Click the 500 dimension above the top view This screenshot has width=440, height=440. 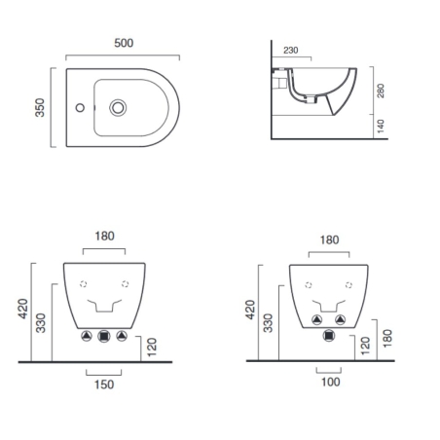coord(123,44)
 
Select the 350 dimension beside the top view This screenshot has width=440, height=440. coord(41,107)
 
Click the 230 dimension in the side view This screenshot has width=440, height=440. coord(291,50)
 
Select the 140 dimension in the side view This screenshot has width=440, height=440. coord(383,127)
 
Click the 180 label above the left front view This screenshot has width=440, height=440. coord(105,235)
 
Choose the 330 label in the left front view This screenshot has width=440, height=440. coord(41,323)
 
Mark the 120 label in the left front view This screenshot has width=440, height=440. coord(151,348)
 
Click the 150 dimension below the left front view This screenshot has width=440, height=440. coord(104,384)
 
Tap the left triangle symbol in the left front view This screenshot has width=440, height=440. coord(87,337)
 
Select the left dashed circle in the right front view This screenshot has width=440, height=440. coord(308,284)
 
